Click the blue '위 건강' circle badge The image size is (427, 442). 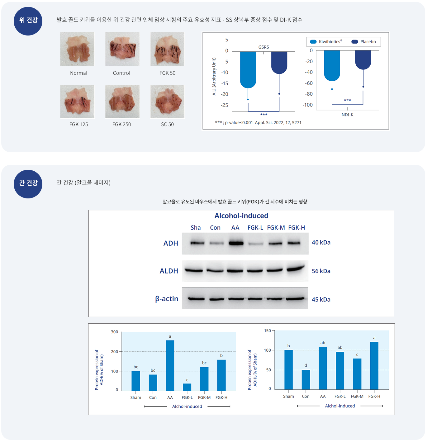tap(28, 21)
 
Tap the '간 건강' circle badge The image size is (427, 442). tap(28, 184)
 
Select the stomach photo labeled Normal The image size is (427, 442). tap(77, 49)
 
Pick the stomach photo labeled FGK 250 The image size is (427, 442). tap(122, 102)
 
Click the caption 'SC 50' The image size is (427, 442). tap(167, 124)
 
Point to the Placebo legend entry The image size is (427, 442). tap(364, 42)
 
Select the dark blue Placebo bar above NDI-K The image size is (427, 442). tap(363, 59)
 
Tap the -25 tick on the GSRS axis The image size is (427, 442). tap(225, 105)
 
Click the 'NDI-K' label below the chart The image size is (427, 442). tap(347, 115)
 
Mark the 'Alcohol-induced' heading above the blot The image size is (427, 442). tap(241, 216)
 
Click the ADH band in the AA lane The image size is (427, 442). tap(236, 243)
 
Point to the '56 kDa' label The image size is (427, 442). tap(321, 271)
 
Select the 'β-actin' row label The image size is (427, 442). tap(167, 299)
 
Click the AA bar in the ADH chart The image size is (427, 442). tap(170, 365)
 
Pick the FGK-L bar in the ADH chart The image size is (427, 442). tap(187, 387)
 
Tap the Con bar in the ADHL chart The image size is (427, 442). tap(306, 379)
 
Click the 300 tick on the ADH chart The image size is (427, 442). tap(115, 332)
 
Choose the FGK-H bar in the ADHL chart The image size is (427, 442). tap(374, 366)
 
